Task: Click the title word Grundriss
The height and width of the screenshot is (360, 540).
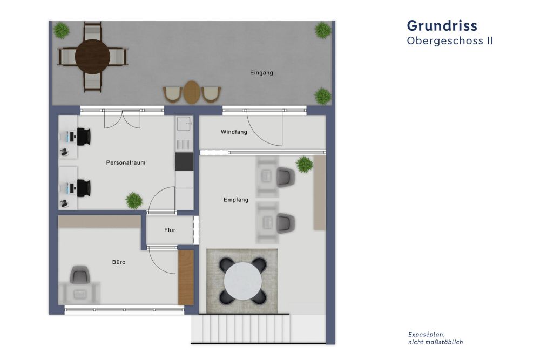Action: (442, 25)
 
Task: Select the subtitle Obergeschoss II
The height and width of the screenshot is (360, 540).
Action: (450, 40)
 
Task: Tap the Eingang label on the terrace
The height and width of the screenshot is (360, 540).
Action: (261, 73)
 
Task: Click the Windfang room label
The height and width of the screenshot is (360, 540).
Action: (234, 132)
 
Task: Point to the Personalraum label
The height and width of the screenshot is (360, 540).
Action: (126, 162)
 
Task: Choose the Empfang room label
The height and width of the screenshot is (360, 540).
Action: (236, 200)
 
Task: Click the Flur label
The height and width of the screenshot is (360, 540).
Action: (170, 230)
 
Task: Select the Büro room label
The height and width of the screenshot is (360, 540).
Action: (119, 262)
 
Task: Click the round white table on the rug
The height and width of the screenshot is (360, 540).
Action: (242, 281)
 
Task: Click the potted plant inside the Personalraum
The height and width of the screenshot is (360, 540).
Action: (134, 200)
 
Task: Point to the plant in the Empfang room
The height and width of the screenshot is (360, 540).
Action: (305, 164)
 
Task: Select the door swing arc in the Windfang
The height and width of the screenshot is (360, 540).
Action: (264, 130)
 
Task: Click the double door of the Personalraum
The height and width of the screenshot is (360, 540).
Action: (123, 119)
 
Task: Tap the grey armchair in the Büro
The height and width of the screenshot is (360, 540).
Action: (80, 276)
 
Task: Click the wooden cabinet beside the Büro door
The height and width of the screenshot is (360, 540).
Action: (186, 277)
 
